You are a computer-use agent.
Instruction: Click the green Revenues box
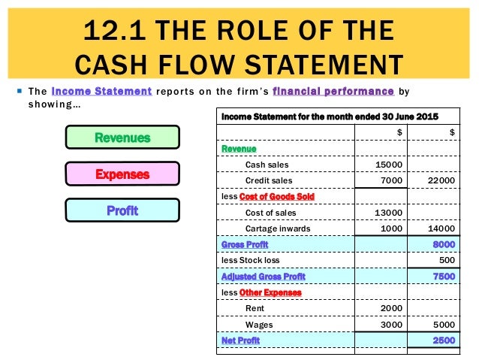122,138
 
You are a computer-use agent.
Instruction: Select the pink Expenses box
122,174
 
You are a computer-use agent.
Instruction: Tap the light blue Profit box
122,210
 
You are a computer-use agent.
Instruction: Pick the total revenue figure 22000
440,180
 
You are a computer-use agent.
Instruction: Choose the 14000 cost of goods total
440,228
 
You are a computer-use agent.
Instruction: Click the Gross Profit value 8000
443,244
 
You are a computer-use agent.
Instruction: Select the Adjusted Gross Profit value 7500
443,276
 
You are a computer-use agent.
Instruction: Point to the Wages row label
258,324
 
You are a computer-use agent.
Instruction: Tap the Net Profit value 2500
443,340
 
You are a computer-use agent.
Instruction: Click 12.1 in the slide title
116,32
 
